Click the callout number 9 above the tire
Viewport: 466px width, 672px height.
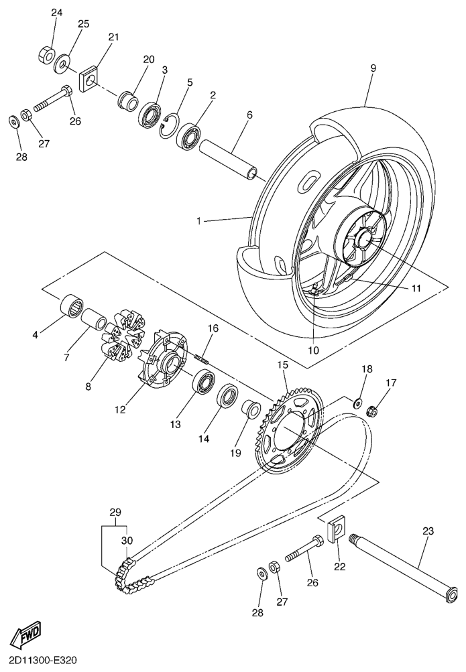pyautogui.click(x=373, y=68)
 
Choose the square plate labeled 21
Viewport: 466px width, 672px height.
pyautogui.click(x=91, y=79)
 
